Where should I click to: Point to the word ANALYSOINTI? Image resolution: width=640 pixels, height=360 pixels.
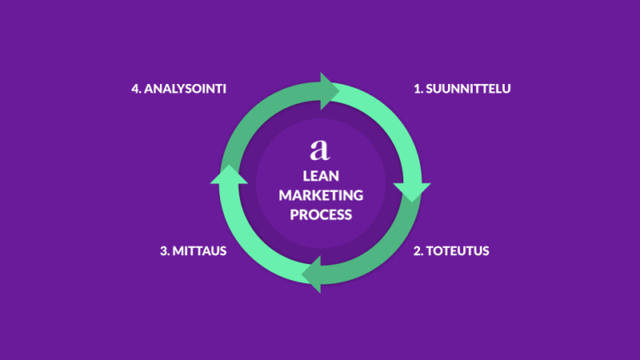click(x=185, y=89)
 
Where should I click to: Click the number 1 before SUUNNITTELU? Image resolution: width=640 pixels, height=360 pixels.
click(x=417, y=89)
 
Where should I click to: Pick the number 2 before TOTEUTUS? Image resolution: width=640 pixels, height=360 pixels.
click(x=417, y=251)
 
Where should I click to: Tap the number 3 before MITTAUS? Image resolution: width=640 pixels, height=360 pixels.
click(x=164, y=251)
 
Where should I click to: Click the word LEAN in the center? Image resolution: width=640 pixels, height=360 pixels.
click(x=320, y=175)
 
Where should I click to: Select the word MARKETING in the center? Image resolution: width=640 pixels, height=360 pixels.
click(x=320, y=195)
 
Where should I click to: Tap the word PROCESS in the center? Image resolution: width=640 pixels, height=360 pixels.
click(x=320, y=215)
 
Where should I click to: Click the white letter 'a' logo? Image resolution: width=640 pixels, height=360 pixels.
click(x=320, y=149)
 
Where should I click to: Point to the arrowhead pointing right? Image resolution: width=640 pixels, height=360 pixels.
click(x=329, y=90)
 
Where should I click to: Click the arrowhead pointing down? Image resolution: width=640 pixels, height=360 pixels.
click(x=414, y=190)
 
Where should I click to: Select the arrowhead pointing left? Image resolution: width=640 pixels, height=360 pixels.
click(x=312, y=274)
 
